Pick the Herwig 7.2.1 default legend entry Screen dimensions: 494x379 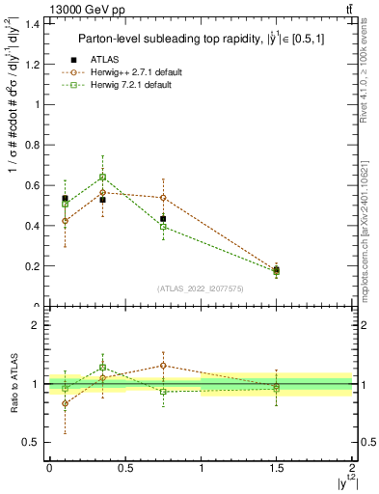click(x=132, y=85)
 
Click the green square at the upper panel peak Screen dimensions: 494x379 click(x=102, y=177)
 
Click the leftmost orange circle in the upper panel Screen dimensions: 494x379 click(x=65, y=221)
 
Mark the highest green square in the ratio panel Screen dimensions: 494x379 click(x=102, y=368)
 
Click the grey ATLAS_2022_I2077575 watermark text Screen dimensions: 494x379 click(x=200, y=288)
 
